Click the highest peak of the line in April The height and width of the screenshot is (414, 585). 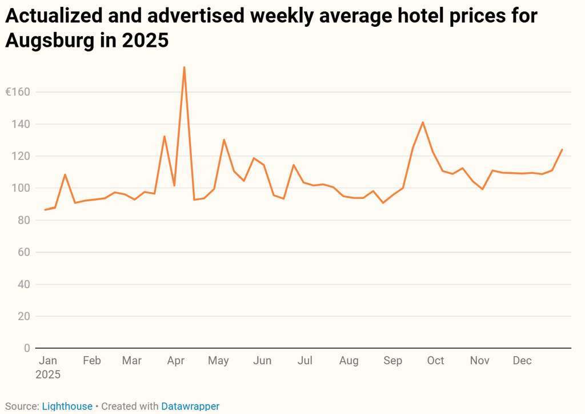click(x=184, y=67)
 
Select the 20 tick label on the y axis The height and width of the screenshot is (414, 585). click(x=25, y=316)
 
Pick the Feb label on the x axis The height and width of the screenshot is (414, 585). click(x=91, y=361)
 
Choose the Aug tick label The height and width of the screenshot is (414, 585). click(x=348, y=361)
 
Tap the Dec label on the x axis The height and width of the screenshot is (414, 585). click(x=522, y=361)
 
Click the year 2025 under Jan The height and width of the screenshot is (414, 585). click(x=48, y=375)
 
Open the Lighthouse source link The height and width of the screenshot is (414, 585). click(x=67, y=407)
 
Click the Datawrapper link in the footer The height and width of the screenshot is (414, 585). click(x=190, y=407)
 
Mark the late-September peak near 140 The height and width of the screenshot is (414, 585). click(x=423, y=122)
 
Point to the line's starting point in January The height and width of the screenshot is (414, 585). click(x=45, y=210)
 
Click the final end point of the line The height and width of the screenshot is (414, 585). click(x=562, y=150)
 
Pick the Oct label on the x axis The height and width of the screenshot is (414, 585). click(x=435, y=361)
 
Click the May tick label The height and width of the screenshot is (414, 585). click(x=218, y=361)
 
